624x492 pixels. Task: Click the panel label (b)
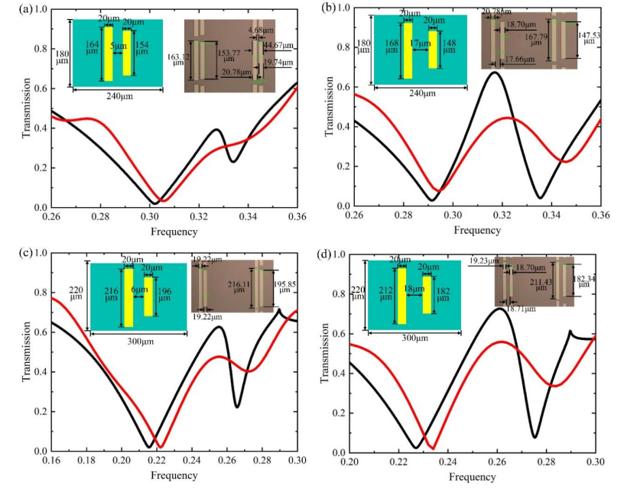(330, 8)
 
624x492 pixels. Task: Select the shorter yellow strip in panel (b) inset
(433, 49)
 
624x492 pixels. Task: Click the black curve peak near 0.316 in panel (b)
(494, 71)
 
